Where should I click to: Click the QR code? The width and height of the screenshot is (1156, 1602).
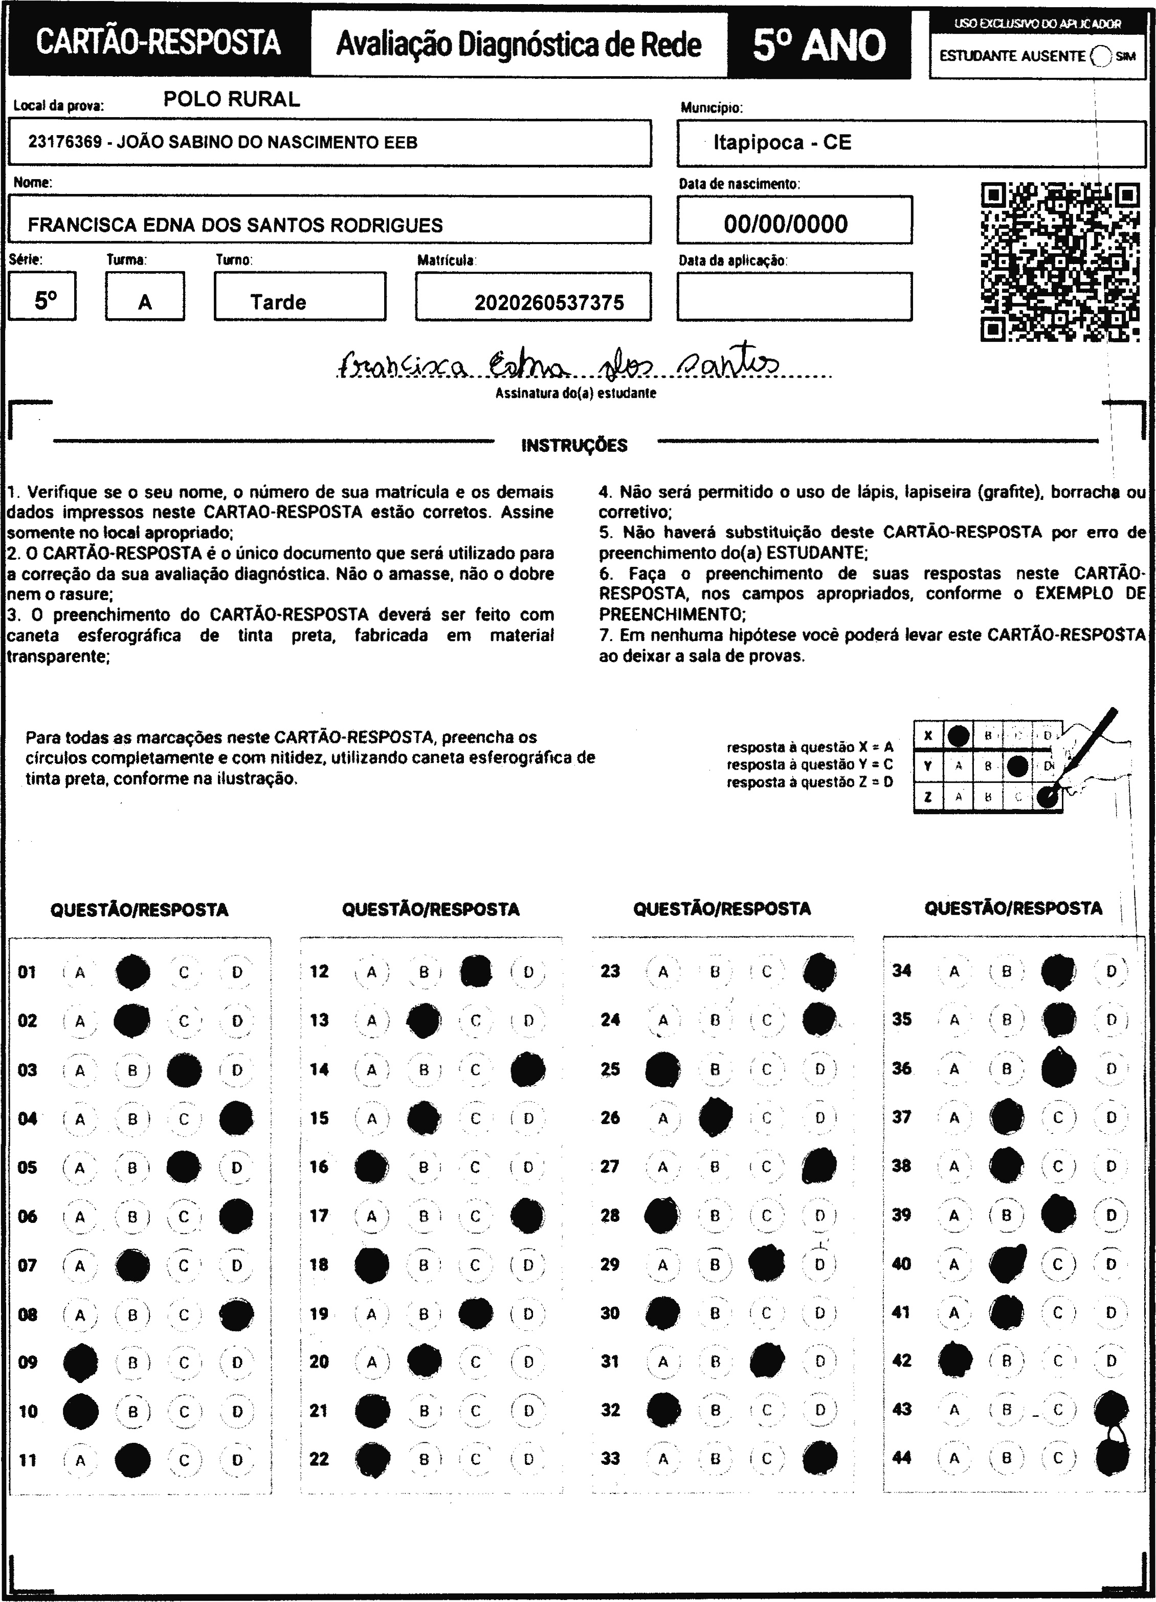coord(1059,262)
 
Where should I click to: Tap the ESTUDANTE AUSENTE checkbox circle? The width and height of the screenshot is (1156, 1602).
coord(1100,56)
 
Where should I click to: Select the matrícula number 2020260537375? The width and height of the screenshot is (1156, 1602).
coord(549,303)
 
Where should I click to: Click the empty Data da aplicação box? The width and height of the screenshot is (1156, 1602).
coord(794,297)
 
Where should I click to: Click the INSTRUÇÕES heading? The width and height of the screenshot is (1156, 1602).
coord(574,446)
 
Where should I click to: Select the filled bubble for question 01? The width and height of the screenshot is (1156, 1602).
coord(133,972)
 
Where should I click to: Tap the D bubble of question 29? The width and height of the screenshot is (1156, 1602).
coord(819,1264)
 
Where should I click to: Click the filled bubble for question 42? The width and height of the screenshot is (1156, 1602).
coord(955,1360)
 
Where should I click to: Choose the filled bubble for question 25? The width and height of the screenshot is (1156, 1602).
coord(663,1069)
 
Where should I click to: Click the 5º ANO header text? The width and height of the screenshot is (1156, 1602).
coord(819,45)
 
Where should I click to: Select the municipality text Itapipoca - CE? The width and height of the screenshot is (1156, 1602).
coord(783,143)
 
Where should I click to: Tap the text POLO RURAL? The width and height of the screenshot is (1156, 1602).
coord(232,99)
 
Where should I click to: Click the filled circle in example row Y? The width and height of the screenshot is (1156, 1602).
coord(1017,765)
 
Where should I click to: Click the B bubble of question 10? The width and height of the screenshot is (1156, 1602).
coord(132,1411)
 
